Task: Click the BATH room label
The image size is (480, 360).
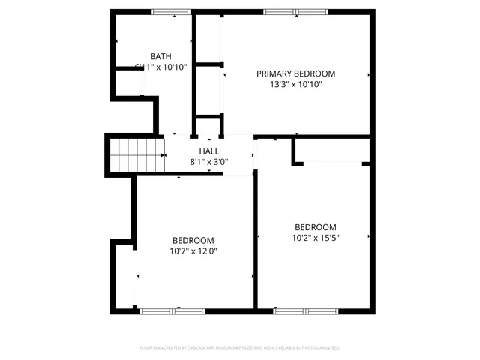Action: tap(160, 56)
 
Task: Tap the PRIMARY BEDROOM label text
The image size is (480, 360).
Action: tap(295, 73)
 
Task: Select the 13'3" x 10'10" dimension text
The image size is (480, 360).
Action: tap(295, 85)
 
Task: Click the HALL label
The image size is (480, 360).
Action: tap(209, 151)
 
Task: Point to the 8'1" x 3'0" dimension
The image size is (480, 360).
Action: tap(209, 161)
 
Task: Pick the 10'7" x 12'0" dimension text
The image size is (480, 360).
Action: tap(193, 251)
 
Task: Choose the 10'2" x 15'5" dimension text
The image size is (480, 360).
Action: tap(315, 238)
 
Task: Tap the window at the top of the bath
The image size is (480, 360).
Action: tap(170, 12)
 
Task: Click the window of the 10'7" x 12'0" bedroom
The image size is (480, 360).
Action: tap(161, 310)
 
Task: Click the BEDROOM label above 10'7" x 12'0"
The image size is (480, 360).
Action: tap(193, 240)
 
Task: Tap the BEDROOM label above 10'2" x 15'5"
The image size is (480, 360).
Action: tap(315, 227)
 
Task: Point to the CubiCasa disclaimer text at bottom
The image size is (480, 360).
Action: tap(240, 348)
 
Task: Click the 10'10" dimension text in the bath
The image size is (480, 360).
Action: tap(172, 67)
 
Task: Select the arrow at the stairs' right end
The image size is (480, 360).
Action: tap(163, 154)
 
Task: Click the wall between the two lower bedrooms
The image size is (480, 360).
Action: tap(256, 240)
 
